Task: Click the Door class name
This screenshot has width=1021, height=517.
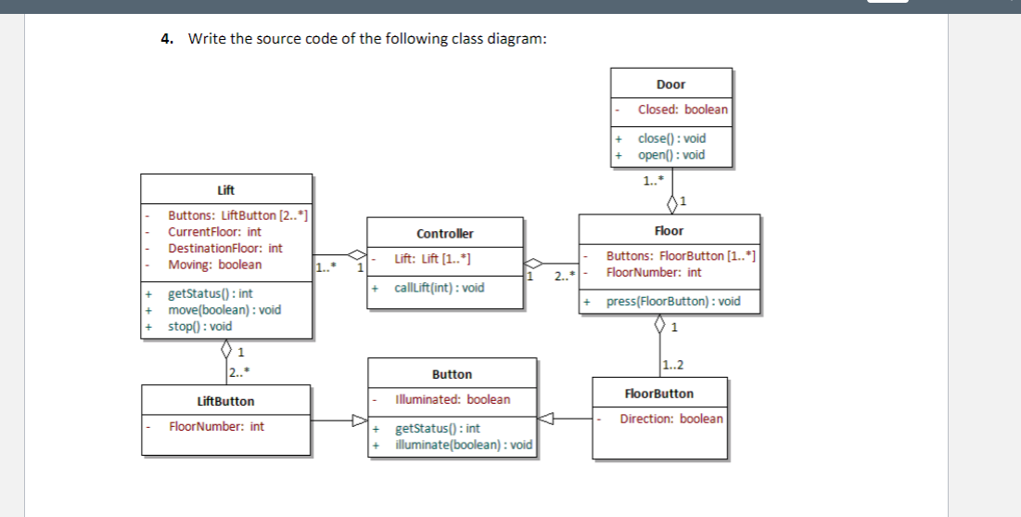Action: [670, 84]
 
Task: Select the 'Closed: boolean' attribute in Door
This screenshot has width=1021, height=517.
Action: [683, 110]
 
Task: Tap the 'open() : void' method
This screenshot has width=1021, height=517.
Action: [671, 155]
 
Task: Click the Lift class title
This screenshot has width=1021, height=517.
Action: [225, 190]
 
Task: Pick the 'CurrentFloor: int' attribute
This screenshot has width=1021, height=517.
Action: [214, 232]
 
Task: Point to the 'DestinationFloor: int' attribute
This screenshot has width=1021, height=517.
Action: [224, 249]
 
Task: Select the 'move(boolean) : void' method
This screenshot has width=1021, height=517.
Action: [223, 310]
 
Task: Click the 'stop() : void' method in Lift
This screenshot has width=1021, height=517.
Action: [199, 327]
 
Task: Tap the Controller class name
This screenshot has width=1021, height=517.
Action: [445, 234]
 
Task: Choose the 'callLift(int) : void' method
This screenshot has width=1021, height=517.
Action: [439, 288]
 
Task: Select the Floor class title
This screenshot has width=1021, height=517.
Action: [669, 230]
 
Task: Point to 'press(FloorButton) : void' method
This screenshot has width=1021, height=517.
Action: [673, 302]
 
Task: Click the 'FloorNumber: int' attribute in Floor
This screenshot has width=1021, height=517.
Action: [653, 273]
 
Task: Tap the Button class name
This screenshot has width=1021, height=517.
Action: [452, 374]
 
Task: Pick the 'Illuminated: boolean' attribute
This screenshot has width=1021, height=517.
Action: [452, 400]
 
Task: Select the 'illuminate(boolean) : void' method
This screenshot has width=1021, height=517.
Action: [464, 445]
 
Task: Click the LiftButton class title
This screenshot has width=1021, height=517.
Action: [225, 401]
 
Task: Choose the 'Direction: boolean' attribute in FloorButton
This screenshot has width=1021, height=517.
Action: [670, 419]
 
